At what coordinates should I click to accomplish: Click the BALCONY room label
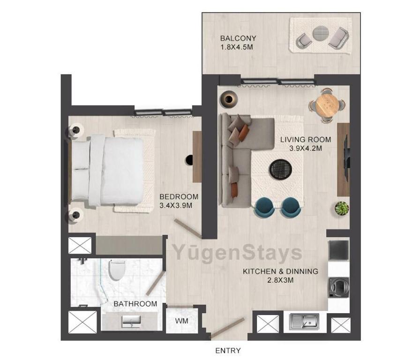(x=238, y=38)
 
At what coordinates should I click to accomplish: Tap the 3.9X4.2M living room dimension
(x=306, y=149)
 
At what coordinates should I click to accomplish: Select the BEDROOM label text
(x=179, y=196)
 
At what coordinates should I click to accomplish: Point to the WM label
(x=181, y=321)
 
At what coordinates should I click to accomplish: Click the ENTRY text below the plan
(x=228, y=351)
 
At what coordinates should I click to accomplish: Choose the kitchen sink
(x=304, y=322)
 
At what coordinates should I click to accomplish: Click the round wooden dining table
(x=327, y=105)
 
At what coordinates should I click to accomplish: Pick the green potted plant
(x=342, y=208)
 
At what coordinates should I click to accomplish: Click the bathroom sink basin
(x=131, y=322)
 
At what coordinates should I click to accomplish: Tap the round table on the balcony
(x=321, y=34)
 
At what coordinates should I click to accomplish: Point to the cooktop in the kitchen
(x=338, y=250)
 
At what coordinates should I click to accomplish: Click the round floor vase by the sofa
(x=229, y=99)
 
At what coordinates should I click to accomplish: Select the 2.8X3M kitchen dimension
(x=280, y=280)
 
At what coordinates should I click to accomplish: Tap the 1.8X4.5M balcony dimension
(x=237, y=47)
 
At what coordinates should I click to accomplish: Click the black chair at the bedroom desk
(x=189, y=160)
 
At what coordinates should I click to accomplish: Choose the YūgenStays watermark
(x=237, y=253)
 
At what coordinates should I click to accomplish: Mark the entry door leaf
(x=227, y=328)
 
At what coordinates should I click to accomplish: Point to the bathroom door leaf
(x=156, y=283)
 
